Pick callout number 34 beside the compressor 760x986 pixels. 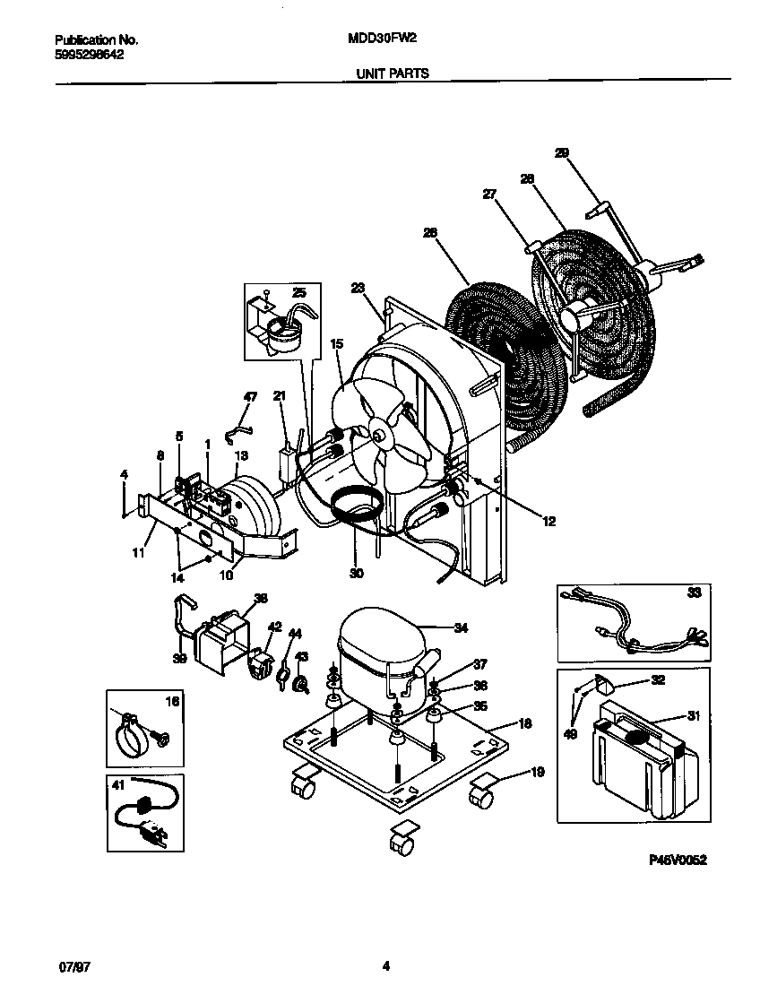tap(461, 627)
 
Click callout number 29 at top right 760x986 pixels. tap(562, 153)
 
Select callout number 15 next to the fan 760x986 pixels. tap(337, 343)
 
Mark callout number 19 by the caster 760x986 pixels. tap(538, 771)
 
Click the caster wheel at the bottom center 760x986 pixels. tap(400, 843)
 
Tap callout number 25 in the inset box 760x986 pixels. tap(298, 293)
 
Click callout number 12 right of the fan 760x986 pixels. tap(548, 521)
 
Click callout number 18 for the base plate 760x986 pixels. tap(525, 722)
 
